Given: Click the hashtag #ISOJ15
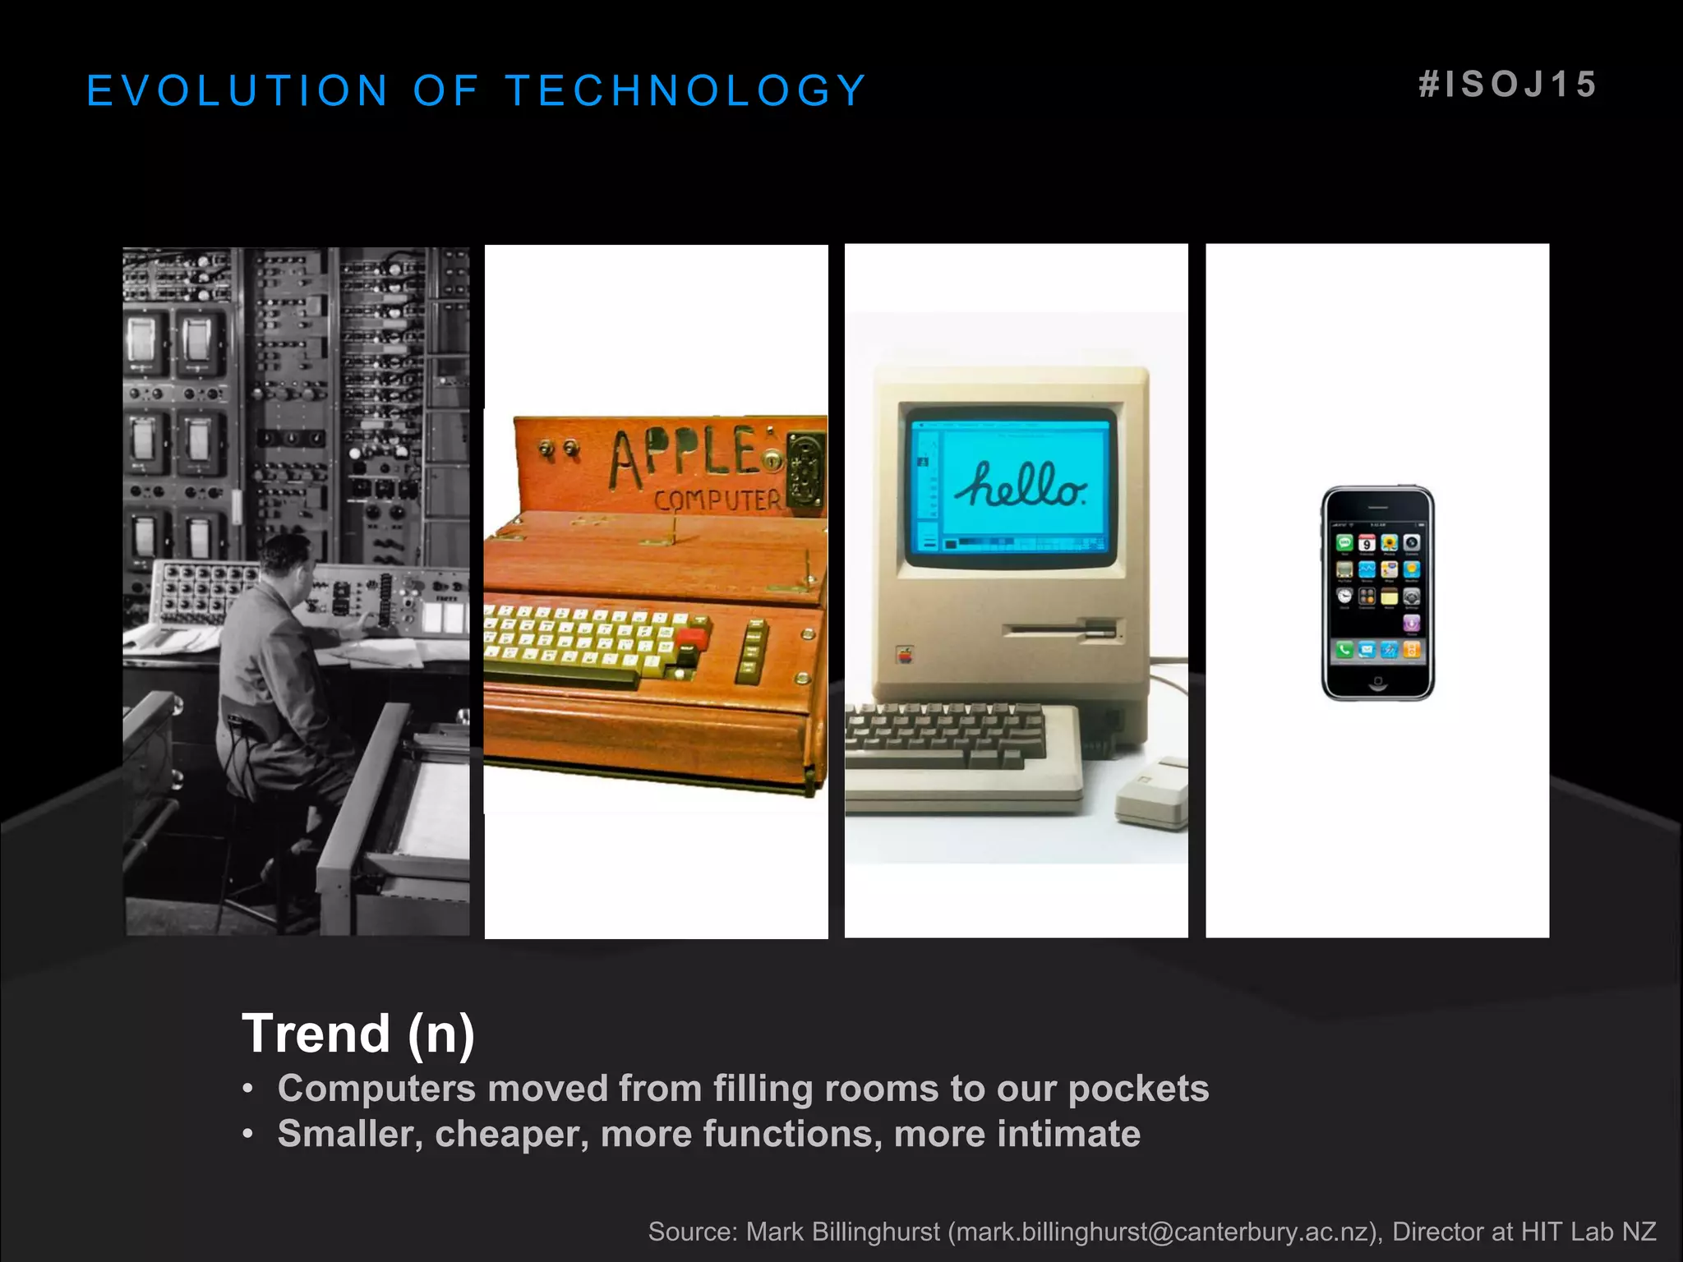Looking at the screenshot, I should click(1508, 85).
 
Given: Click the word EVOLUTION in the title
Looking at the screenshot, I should click(237, 90).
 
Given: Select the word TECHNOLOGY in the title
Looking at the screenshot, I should click(686, 90).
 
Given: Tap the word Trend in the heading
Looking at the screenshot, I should click(316, 1033).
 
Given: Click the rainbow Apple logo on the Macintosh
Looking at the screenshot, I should click(905, 656).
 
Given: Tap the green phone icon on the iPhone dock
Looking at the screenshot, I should click(1344, 651).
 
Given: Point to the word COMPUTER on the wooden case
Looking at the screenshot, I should click(717, 500).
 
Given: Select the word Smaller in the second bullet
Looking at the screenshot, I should click(349, 1134).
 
